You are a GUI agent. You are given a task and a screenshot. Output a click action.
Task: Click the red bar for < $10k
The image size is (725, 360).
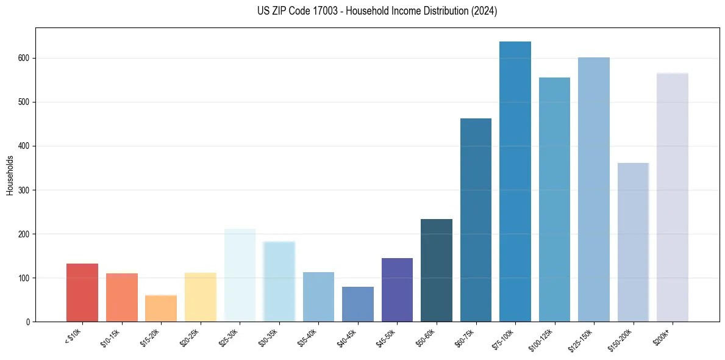(x=82, y=292)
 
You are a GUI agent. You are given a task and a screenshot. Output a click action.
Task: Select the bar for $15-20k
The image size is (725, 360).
(x=161, y=308)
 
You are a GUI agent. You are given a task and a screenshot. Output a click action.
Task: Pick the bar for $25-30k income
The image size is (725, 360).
(x=240, y=275)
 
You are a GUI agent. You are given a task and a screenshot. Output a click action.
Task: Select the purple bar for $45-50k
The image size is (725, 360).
(x=397, y=290)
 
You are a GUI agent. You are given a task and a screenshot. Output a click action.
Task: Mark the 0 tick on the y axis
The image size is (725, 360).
(x=28, y=322)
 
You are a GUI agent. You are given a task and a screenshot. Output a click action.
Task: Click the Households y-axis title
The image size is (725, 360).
(x=10, y=175)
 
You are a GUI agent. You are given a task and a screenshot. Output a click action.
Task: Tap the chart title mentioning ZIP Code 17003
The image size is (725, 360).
(x=377, y=11)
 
